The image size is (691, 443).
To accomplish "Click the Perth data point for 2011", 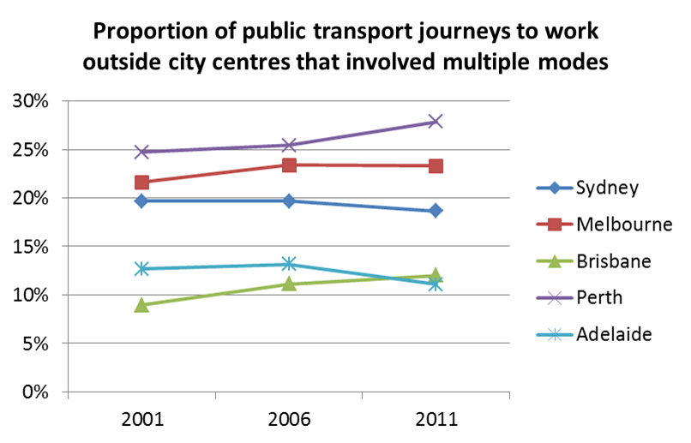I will click(x=436, y=121).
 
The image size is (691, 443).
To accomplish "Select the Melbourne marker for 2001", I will click(x=141, y=183).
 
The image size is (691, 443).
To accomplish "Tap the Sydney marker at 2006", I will click(x=289, y=201).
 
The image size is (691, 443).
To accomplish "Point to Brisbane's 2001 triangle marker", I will click(x=141, y=304).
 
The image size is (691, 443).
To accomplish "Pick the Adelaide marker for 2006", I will click(x=289, y=264).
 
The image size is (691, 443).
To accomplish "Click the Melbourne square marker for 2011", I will click(x=436, y=165).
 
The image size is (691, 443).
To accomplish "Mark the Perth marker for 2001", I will click(x=141, y=152).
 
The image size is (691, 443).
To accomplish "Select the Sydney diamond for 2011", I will click(x=436, y=210).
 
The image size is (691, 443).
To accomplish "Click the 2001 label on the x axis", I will click(x=141, y=419).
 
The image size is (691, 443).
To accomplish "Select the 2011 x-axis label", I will click(x=436, y=419).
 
